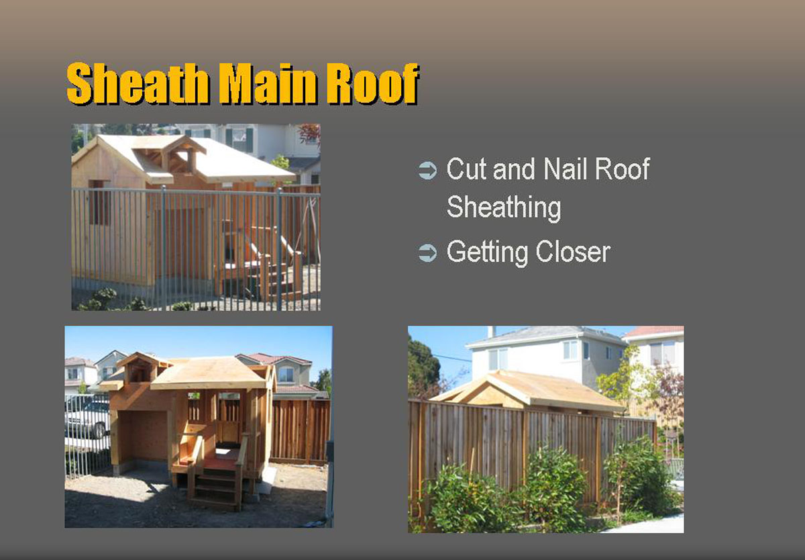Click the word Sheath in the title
coord(138,83)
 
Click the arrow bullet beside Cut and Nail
coord(428,171)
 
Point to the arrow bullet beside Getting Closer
coord(428,252)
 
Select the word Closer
coord(573,252)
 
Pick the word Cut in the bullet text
coord(466,169)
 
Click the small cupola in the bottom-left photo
coord(138,367)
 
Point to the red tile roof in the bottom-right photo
coord(654,331)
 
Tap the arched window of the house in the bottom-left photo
coord(286,374)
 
